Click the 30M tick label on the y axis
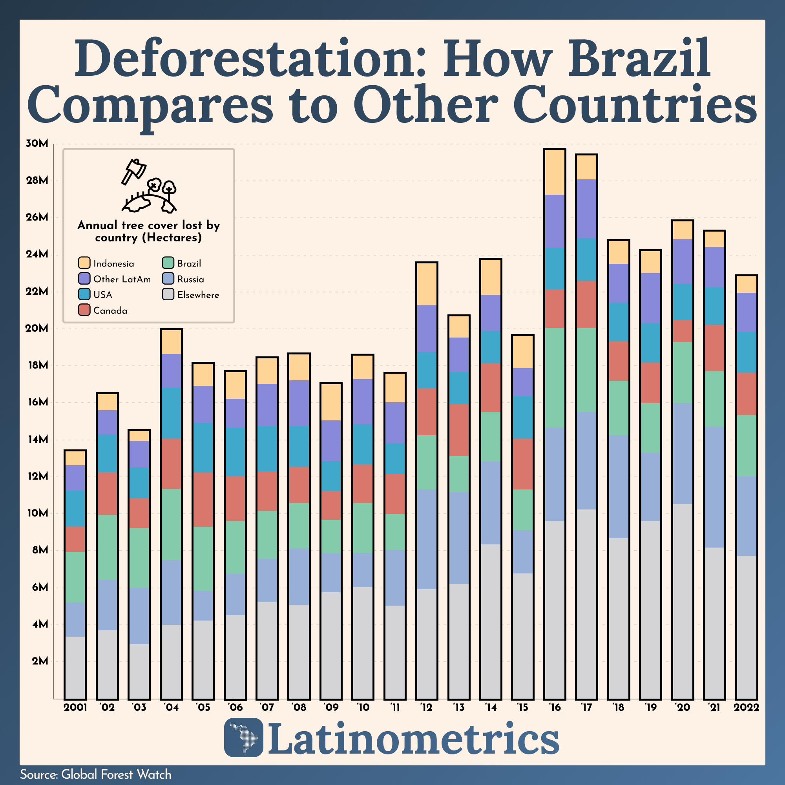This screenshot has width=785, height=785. pyautogui.click(x=37, y=144)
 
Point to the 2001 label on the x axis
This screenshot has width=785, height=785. pyautogui.click(x=75, y=707)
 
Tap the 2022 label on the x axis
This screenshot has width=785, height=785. pyautogui.click(x=746, y=707)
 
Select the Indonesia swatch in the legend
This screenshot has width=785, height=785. pyautogui.click(x=84, y=263)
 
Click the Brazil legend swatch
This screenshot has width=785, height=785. pyautogui.click(x=168, y=263)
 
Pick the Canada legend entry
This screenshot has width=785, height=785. pyautogui.click(x=110, y=310)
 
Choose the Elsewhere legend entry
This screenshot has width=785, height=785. pyautogui.click(x=198, y=295)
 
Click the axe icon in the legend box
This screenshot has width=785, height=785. pyautogui.click(x=134, y=171)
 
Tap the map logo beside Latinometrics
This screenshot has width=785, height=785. pyautogui.click(x=243, y=738)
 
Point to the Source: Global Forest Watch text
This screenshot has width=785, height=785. pyautogui.click(x=95, y=774)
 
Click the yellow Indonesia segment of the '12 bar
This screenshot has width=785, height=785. pyautogui.click(x=427, y=284)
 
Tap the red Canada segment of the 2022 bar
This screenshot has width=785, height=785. pyautogui.click(x=746, y=394)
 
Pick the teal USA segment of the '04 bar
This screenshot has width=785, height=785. pyautogui.click(x=171, y=413)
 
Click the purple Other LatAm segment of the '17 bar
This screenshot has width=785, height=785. pyautogui.click(x=586, y=208)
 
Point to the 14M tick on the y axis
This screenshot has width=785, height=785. pyautogui.click(x=37, y=440)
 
